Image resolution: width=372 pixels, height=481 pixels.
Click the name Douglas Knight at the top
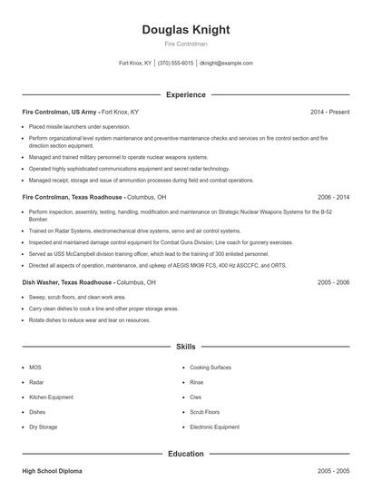(186, 30)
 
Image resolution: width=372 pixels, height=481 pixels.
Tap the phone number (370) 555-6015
(175, 64)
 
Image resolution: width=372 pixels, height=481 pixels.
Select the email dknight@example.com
(226, 64)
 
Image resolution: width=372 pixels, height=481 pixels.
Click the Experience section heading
(186, 94)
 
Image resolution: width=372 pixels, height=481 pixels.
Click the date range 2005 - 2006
(333, 282)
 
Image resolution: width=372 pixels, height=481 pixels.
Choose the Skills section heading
(186, 347)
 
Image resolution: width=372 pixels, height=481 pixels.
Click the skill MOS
(35, 368)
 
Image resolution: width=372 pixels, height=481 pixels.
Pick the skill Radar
(36, 382)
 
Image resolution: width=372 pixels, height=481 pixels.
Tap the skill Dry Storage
(43, 427)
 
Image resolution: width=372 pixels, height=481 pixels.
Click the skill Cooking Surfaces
(211, 368)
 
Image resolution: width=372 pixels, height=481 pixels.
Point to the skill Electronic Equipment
(215, 427)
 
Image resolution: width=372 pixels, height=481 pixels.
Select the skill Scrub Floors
(206, 412)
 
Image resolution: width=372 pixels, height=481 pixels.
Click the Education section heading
(186, 454)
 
